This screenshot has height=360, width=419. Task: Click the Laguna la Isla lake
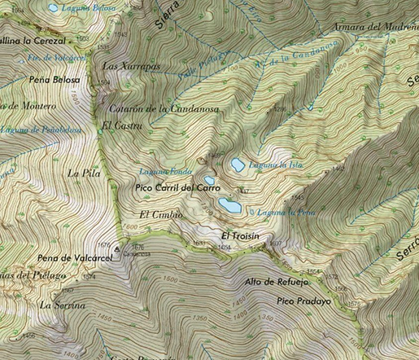click(237, 165)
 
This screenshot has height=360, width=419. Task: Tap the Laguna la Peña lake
click(229, 206)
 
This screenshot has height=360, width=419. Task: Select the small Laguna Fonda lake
click(209, 181)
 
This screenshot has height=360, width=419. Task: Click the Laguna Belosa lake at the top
click(54, 7)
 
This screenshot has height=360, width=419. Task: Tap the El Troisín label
click(240, 235)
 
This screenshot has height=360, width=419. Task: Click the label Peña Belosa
click(55, 80)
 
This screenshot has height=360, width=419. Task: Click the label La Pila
click(79, 173)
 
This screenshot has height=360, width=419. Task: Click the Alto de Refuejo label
click(277, 283)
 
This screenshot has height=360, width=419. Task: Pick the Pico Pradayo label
click(304, 301)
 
